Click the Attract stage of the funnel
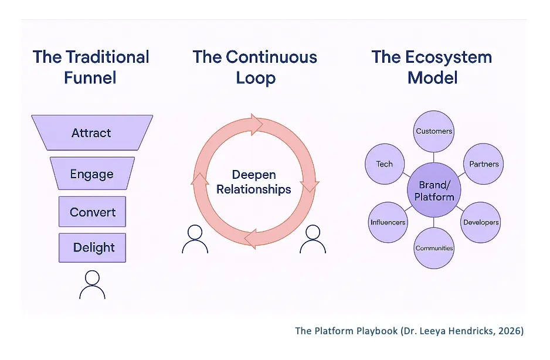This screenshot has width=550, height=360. point(91,133)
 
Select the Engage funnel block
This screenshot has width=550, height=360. point(92,174)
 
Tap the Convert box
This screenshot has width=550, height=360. point(93,212)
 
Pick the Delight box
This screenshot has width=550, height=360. point(93,247)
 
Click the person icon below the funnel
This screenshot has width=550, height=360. point(92,285)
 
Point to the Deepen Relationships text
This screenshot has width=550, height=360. point(253,182)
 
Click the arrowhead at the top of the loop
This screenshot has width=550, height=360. point(256,124)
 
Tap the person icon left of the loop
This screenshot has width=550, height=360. point(195,240)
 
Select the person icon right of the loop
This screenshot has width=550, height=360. point(313,240)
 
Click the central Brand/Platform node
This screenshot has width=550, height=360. point(434,191)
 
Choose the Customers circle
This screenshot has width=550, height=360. point(434,131)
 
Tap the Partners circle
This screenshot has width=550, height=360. point(484,164)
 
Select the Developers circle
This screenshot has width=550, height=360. point(481,222)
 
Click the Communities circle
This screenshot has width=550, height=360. point(434,248)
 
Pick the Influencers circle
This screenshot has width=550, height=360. point(388,222)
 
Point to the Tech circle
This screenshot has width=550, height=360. point(385,164)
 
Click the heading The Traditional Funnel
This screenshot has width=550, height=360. point(91,67)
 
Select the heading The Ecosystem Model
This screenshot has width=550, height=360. point(432,67)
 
